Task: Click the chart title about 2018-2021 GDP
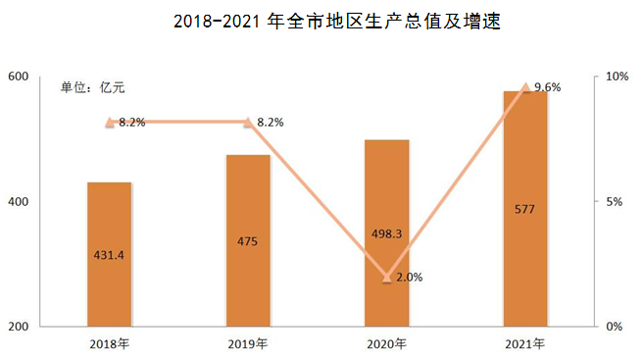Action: pos(322,21)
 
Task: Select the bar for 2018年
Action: pos(110,253)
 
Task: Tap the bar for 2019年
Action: pos(248,239)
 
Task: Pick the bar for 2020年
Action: pos(386,232)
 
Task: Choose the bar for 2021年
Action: pos(525,208)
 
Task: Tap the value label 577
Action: pos(525,208)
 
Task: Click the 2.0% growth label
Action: pos(408,277)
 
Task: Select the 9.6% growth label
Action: pos(547,87)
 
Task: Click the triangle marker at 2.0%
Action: pos(387,277)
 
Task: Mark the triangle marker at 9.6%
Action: pos(525,87)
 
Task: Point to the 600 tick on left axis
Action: pos(20,77)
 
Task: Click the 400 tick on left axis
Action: pos(20,202)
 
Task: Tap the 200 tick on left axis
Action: pos(20,327)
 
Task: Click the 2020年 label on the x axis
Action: pos(386,344)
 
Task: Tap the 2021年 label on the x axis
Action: pos(525,344)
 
